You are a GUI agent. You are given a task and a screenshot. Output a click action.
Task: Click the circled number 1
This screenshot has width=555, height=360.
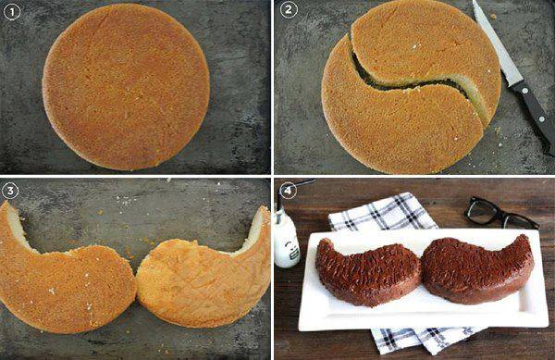(12, 12)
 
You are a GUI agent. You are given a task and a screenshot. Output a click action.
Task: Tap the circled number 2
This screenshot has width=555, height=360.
(289, 10)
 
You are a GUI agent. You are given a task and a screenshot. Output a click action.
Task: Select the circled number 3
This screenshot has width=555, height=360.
(10, 191)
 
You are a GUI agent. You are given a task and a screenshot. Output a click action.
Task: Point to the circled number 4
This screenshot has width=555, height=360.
(288, 191)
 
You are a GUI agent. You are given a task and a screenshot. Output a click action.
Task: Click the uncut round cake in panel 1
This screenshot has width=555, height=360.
(126, 87)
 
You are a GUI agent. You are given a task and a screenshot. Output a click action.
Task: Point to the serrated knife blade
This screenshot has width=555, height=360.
(496, 46)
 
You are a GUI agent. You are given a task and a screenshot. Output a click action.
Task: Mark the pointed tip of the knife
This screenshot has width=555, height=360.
(474, 2)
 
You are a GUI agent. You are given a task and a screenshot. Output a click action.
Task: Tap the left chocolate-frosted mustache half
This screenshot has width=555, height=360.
(368, 272)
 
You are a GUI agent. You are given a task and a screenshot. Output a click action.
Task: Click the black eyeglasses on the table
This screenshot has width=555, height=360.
(499, 214)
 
